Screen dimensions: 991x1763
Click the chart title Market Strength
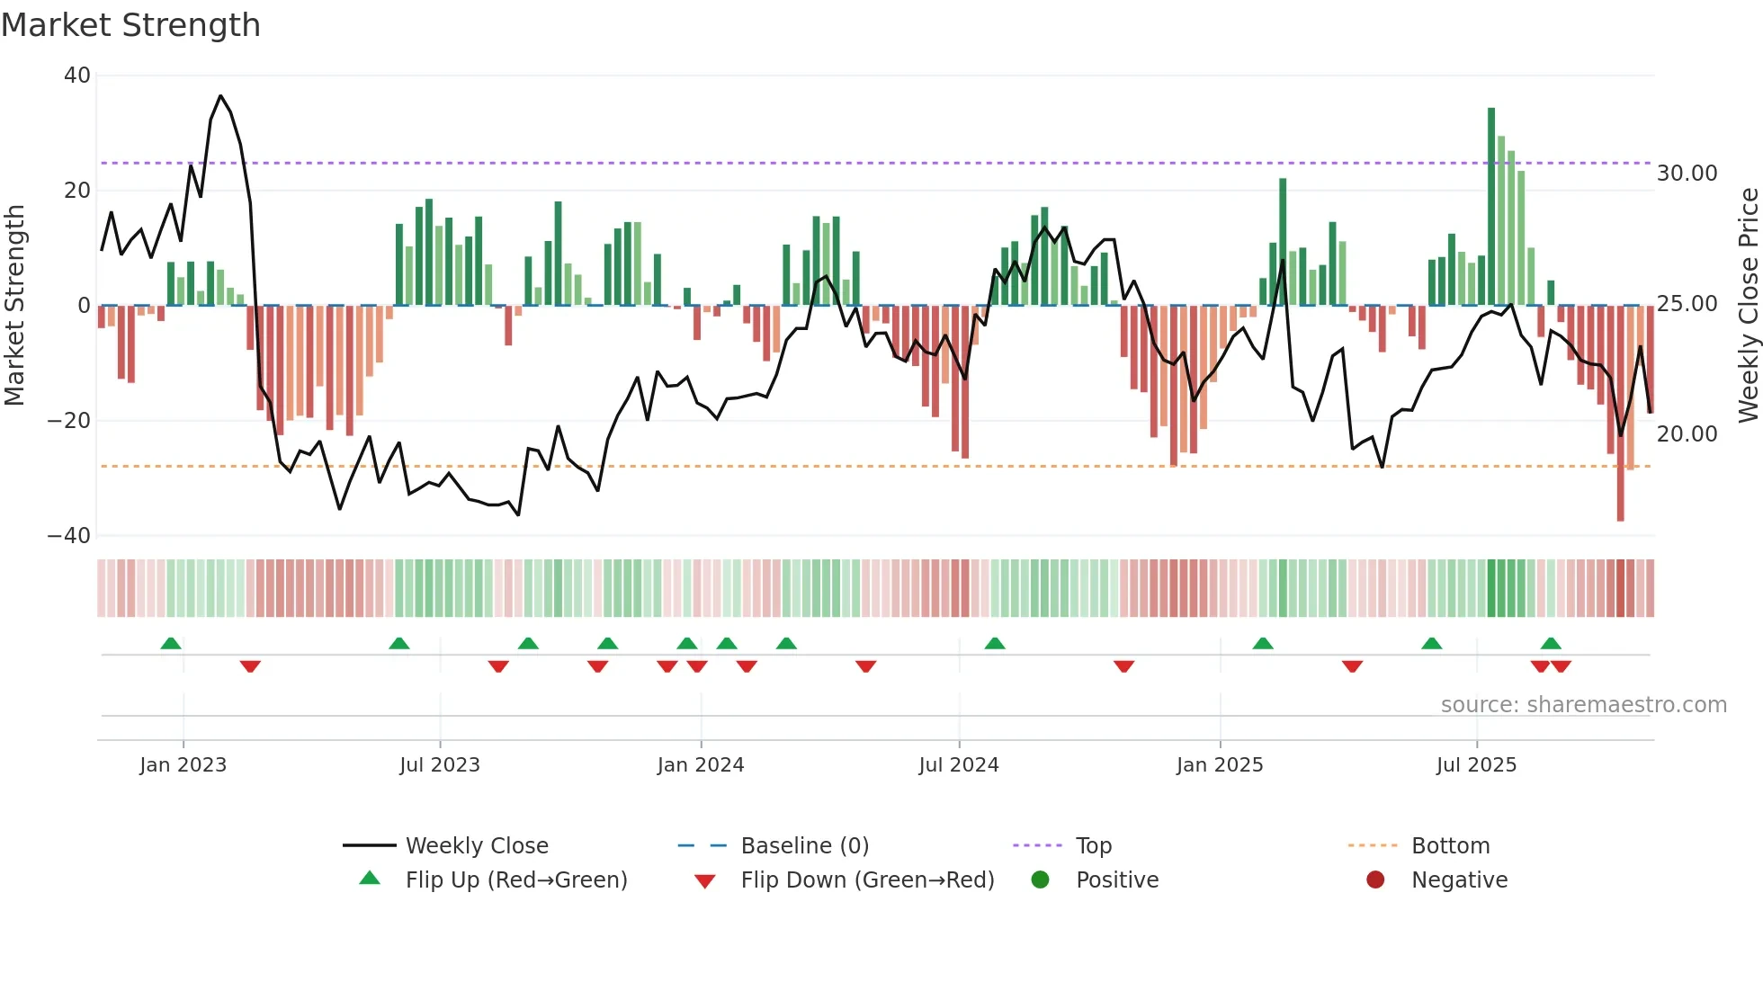[x=130, y=25]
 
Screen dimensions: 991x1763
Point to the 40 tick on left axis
[x=77, y=76]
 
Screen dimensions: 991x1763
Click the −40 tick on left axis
[x=69, y=536]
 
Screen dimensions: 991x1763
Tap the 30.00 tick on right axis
[x=1687, y=174]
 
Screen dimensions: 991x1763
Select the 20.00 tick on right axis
[x=1687, y=434]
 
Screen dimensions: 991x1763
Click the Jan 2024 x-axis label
[x=700, y=765]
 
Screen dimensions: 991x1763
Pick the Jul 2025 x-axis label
[x=1476, y=765]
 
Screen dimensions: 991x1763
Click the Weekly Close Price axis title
[x=1748, y=306]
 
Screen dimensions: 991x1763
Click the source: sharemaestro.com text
[x=1583, y=705]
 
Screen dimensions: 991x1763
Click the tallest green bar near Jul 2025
[x=1491, y=207]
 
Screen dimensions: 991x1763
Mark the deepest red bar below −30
[x=1620, y=414]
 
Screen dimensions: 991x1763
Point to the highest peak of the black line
[x=220, y=96]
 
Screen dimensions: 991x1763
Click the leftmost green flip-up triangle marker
[x=171, y=643]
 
